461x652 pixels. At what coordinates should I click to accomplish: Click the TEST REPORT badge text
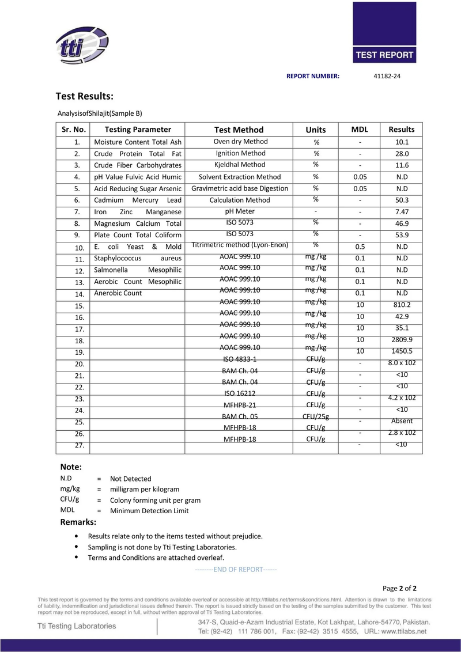point(385,55)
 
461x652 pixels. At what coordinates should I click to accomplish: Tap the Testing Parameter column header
point(138,130)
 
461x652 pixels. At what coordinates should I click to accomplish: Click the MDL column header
point(360,130)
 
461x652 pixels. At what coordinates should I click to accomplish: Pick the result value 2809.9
point(402,340)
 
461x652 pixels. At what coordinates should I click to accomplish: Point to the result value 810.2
point(402,305)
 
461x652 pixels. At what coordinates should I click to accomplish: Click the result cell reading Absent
point(402,421)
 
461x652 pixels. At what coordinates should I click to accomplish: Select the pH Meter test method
point(241,211)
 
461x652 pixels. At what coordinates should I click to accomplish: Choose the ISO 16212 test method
point(241,393)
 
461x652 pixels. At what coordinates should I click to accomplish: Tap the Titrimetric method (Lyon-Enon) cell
point(241,245)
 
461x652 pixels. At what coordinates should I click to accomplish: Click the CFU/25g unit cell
point(316,416)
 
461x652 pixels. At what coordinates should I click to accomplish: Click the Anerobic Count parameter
point(118,293)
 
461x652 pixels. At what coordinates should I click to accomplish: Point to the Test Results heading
point(84,96)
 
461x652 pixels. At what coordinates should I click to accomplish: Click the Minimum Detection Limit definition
point(149,511)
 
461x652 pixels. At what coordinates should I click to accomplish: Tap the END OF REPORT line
point(236,570)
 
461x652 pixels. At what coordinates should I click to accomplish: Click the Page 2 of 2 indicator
point(399,589)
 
